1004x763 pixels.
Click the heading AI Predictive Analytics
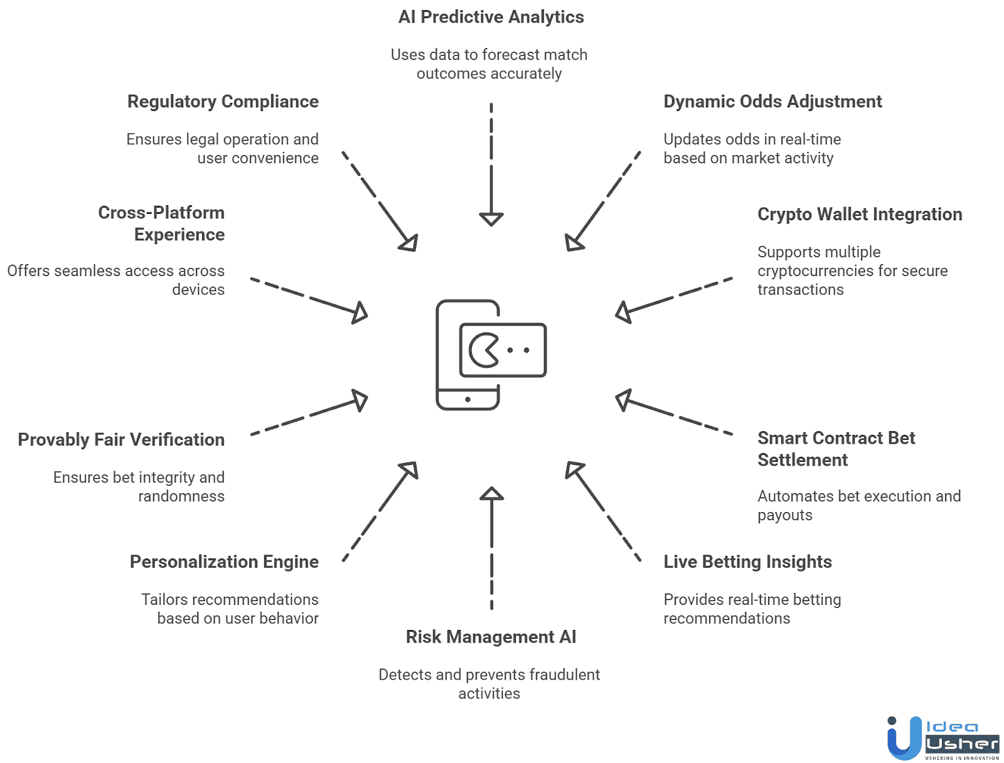coord(491,17)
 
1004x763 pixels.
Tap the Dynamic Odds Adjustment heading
coord(772,102)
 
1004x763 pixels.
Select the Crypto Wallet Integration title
coord(860,215)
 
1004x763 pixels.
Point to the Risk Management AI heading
coord(491,637)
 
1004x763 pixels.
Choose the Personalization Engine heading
coord(224,562)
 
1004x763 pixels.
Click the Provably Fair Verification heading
coord(121,440)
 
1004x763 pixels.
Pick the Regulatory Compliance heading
coord(223,102)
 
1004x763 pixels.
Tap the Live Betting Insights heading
coord(747,562)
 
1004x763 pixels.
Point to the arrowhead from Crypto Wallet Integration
coord(624,312)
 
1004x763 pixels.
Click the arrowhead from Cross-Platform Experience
coord(360,312)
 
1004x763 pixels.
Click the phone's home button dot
coord(467,399)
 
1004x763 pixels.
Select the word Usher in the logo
coord(962,744)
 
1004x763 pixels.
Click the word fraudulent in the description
coord(564,675)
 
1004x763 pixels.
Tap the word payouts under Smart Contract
coord(784,516)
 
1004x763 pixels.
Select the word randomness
coord(181,496)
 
